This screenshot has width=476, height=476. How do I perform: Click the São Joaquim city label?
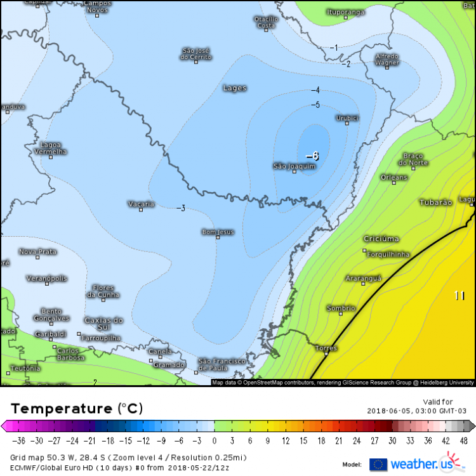coord(294,166)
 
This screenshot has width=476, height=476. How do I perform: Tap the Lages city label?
coord(235,88)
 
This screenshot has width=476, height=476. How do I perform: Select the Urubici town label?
coord(348,117)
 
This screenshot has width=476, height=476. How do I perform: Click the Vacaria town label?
coord(141,204)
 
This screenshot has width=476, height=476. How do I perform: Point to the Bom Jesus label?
coord(218,232)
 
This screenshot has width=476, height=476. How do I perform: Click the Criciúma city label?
coord(381,239)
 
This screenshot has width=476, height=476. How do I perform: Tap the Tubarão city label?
coord(436,202)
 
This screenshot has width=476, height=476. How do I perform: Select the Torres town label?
coord(327,348)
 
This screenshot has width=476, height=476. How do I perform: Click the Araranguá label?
coord(363,278)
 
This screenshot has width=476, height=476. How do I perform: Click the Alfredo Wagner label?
coord(387,59)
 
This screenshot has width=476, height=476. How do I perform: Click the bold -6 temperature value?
coord(312,156)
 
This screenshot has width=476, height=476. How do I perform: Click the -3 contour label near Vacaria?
coord(181,208)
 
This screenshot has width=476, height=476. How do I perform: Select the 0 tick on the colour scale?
coord(214,440)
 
